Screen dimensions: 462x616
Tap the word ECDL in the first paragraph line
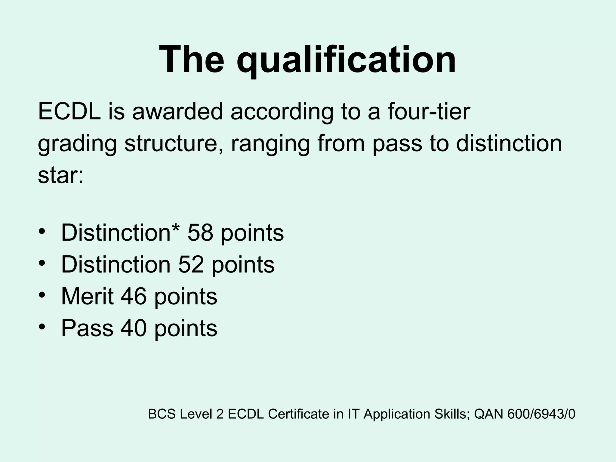69,112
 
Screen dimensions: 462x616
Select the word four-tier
428,112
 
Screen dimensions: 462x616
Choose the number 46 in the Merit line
134,296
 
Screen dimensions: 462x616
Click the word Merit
88,296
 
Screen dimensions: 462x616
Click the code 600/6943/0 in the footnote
541,414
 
